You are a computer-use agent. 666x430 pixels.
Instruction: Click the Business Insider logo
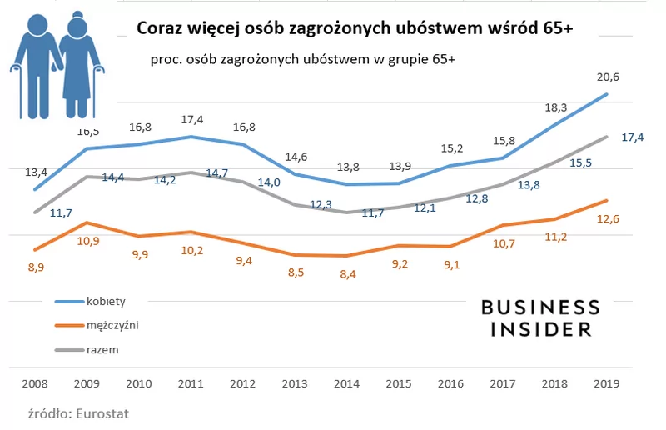(x=540, y=318)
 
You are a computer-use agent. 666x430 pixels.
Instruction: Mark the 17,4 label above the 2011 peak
(x=191, y=120)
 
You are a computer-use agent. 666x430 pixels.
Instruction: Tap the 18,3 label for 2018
(x=555, y=107)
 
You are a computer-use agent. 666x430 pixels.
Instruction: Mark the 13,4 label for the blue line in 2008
(x=37, y=172)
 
